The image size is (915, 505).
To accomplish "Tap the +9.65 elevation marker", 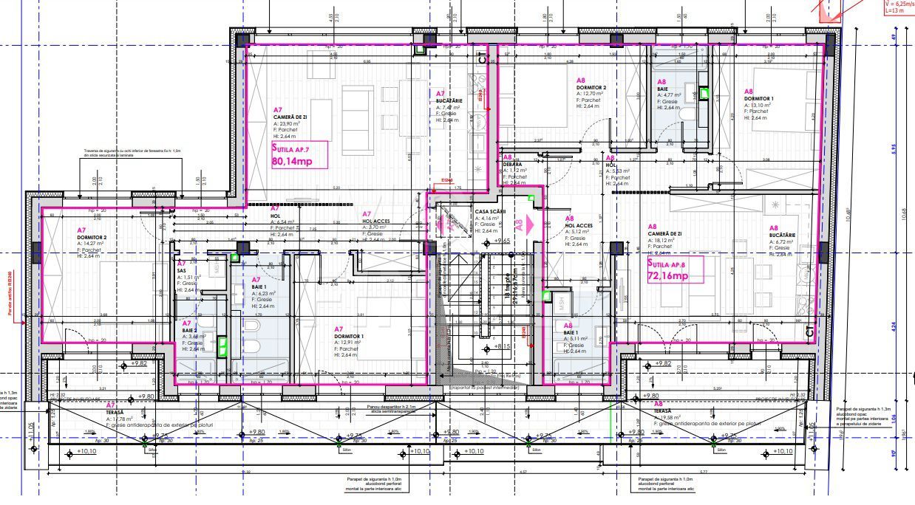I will click(503, 241).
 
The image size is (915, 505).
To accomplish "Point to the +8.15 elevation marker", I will click(503, 346).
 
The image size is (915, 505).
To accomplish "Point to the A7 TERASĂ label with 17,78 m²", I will click(115, 405).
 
